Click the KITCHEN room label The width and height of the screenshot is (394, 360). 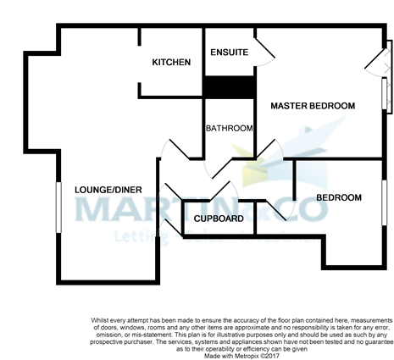click(171, 63)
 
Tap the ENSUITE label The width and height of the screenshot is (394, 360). click(229, 53)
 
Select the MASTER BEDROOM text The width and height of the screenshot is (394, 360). click(313, 106)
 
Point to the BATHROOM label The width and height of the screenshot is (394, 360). click(230, 129)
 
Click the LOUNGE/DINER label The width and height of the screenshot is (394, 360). click(101, 189)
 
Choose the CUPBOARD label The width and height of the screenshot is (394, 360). click(219, 219)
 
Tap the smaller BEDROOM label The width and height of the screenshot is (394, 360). click(339, 197)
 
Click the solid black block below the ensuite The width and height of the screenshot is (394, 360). click(229, 87)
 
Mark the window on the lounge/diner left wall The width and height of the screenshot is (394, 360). click(59, 206)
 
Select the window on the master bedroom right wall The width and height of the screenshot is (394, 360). click(387, 93)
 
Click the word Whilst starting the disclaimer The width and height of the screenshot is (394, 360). click(102, 319)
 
